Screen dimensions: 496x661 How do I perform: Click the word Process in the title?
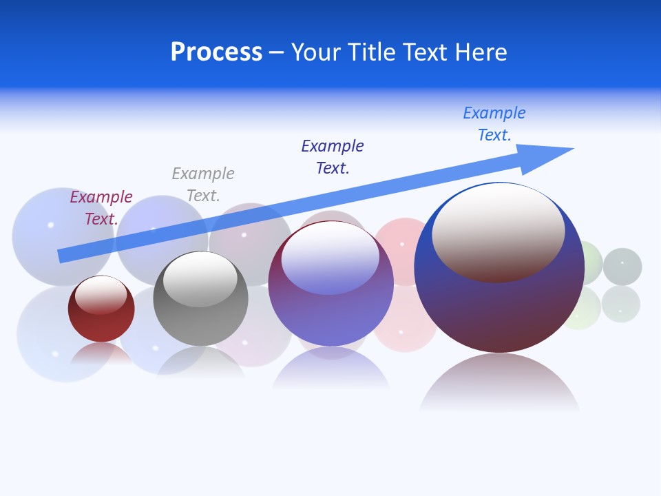coord(216,52)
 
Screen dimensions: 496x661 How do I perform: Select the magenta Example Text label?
coord(101,207)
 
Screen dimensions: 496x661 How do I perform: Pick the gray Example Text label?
coord(203,184)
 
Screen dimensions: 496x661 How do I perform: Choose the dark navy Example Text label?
coord(333,156)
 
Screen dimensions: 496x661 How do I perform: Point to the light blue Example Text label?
coord(494,123)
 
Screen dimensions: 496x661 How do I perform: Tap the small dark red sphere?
coord(101,324)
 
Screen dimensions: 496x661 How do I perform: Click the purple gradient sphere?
coord(330,317)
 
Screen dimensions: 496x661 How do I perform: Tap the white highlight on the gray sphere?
coord(200,277)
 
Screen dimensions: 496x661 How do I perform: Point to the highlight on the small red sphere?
coord(101,295)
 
